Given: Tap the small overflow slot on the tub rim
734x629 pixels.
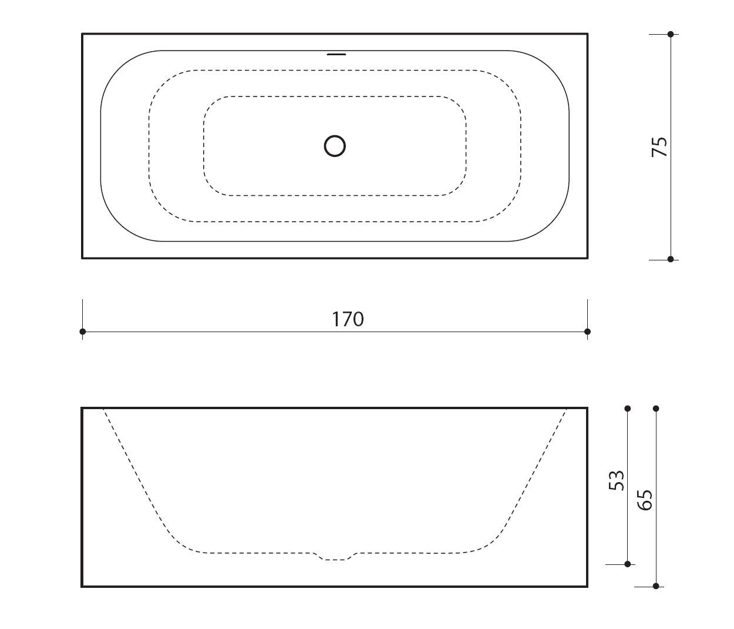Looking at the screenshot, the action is pos(336,55).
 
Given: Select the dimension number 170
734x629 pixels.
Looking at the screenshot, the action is pos(348,319).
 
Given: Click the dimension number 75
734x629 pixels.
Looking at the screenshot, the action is pos(659,147).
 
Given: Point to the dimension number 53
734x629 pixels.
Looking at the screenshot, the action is pos(616,480).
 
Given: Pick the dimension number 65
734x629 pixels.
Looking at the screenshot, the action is pos(645,500).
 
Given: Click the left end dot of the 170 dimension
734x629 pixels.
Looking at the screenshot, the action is pos(83,332).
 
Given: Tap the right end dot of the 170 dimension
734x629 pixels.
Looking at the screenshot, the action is pos(587,332).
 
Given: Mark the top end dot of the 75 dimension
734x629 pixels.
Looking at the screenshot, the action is pos(671,34).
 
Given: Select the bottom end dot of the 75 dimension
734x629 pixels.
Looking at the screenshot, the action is pos(671,259).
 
